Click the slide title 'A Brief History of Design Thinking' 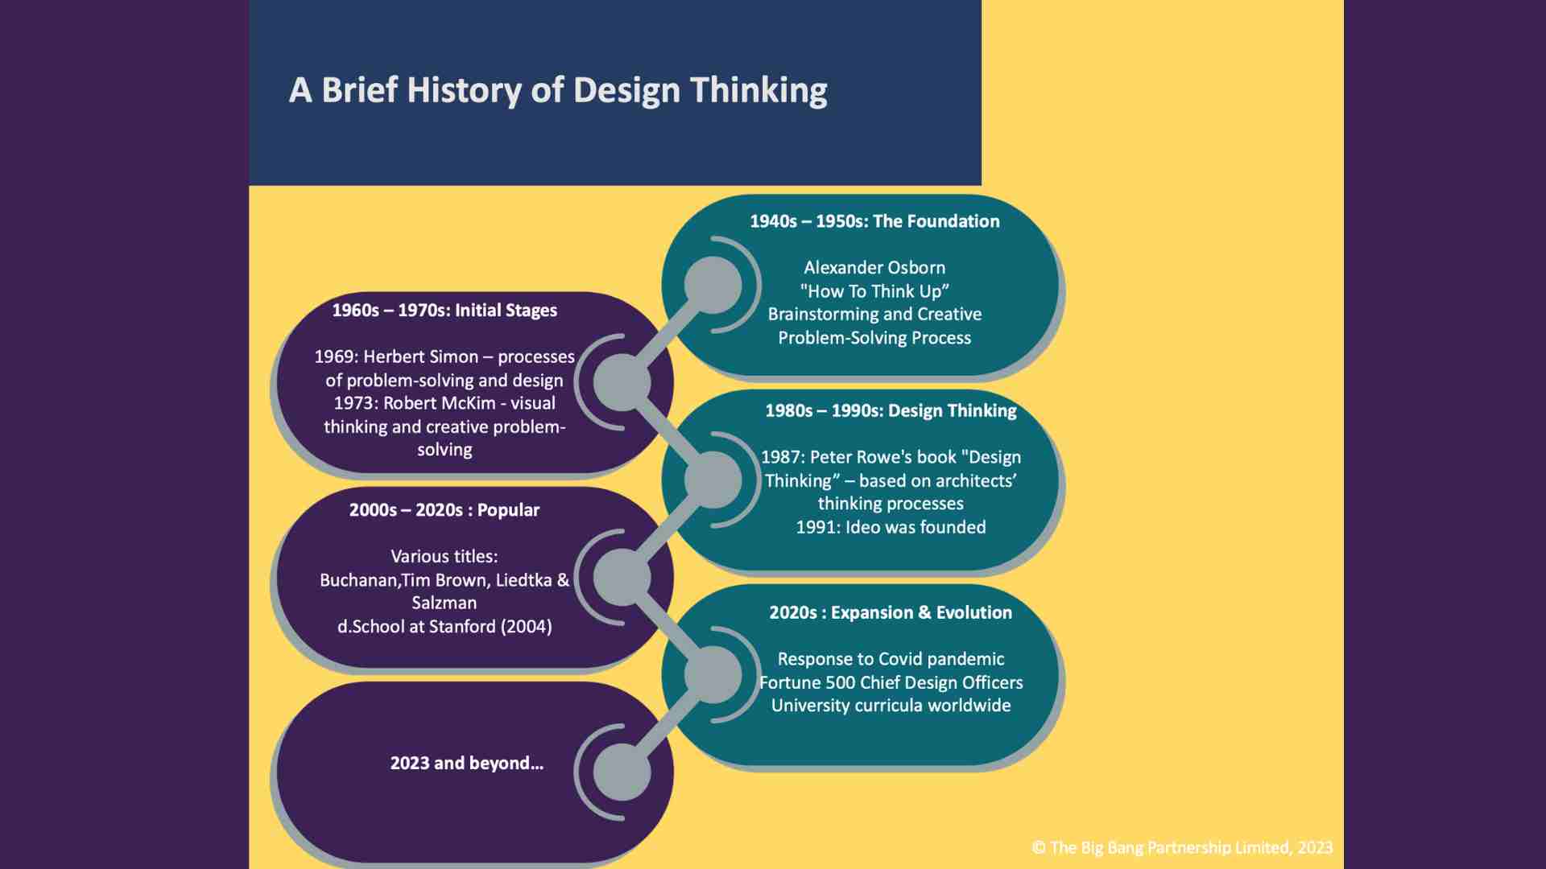point(557,90)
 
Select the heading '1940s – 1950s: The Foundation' point(874,221)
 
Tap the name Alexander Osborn point(874,268)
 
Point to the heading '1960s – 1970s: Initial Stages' point(444,311)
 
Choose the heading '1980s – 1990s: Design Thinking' point(891,411)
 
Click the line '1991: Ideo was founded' point(891,528)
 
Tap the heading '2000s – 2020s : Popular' point(444,510)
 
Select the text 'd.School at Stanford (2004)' point(444,627)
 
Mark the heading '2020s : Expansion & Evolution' point(891,613)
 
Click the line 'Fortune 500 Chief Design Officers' point(891,683)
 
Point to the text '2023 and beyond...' point(467,764)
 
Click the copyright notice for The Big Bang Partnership point(1182,847)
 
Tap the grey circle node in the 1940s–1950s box point(713,285)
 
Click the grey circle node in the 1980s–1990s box point(713,480)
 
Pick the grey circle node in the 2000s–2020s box point(622,577)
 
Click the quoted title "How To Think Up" point(874,291)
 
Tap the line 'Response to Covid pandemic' point(891,660)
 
